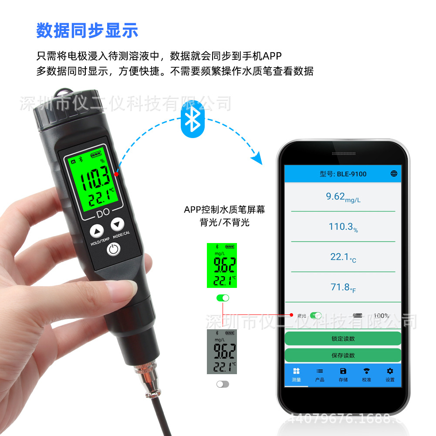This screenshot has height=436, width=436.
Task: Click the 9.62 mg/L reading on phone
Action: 343,197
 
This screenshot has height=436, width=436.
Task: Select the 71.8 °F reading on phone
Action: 343,287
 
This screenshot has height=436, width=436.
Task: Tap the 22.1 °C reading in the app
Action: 343,257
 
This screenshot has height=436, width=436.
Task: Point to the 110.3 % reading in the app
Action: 343,226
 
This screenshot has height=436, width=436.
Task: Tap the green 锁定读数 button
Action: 343,338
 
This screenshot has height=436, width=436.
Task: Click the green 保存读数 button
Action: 343,355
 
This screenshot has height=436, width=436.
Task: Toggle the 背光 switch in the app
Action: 316,315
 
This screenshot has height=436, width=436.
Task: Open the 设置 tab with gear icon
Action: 390,374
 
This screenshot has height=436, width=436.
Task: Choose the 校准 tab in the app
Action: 367,374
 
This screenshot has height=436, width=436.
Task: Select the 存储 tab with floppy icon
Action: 343,374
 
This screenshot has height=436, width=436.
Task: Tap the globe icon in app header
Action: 394,173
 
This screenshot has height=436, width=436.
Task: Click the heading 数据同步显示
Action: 87,30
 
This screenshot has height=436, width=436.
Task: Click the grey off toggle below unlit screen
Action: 223,384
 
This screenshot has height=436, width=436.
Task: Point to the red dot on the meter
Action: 116,174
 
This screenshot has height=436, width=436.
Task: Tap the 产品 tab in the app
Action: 320,374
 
